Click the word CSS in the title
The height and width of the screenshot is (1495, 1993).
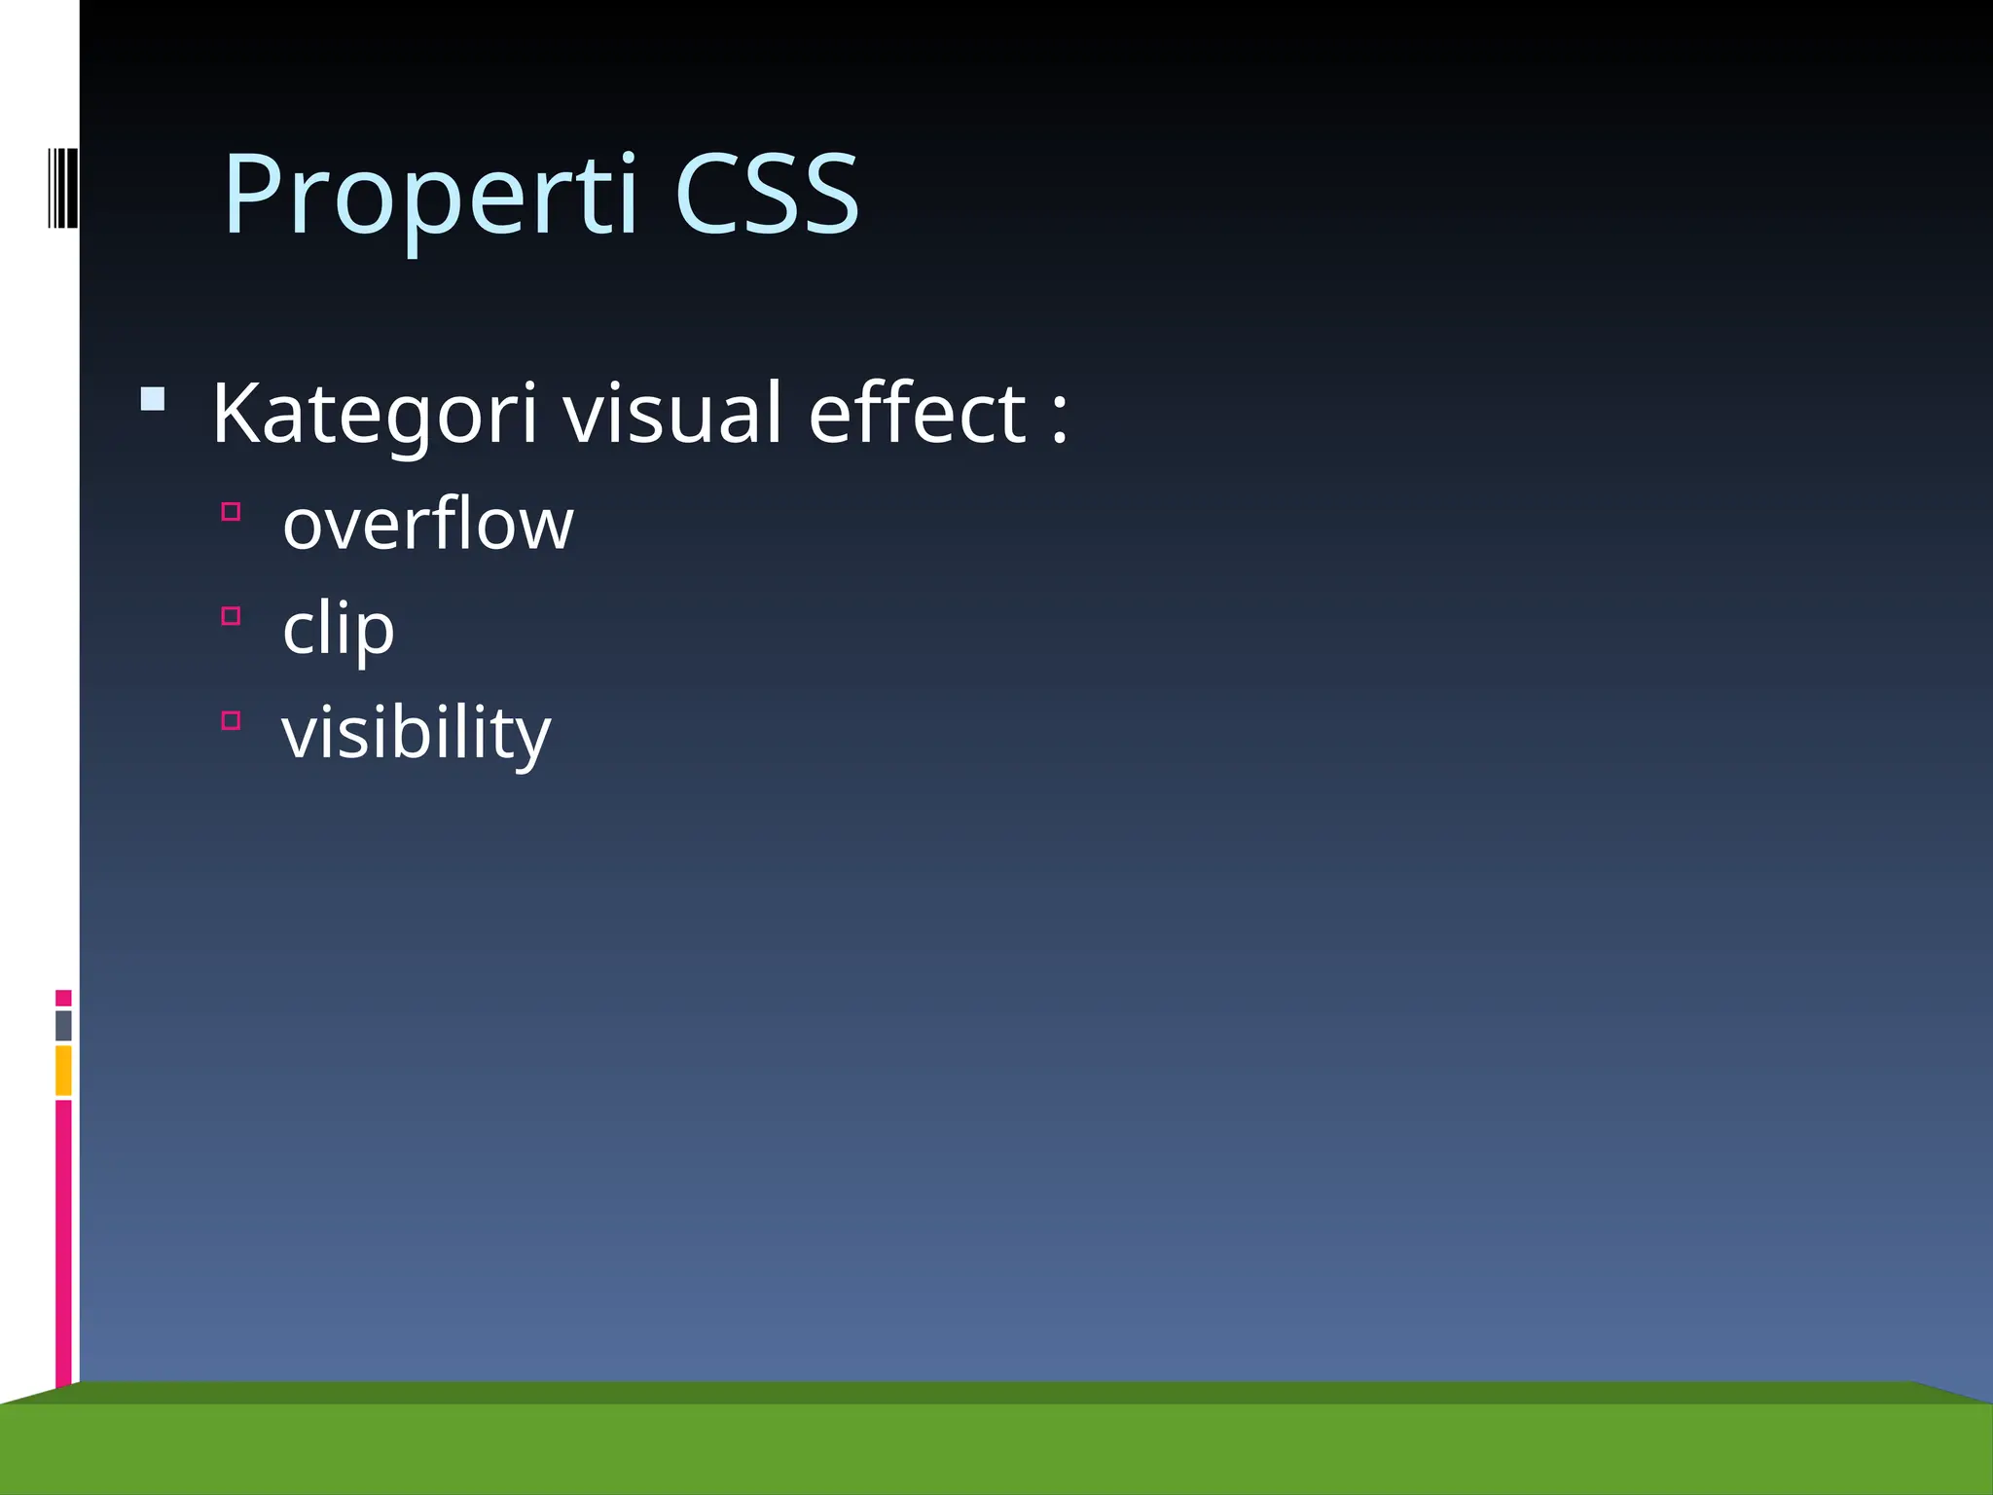pos(766,195)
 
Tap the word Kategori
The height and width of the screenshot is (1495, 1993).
pos(374,414)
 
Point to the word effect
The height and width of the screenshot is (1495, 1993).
pos(917,414)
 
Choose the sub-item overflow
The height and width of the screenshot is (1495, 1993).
pos(428,524)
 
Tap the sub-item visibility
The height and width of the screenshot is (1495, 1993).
pos(416,733)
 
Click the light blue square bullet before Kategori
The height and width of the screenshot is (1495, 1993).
pos(153,399)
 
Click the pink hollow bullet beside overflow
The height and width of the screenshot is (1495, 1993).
pos(231,511)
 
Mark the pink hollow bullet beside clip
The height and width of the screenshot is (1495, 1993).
pos(231,615)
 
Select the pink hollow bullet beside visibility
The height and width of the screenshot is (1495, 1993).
pos(231,720)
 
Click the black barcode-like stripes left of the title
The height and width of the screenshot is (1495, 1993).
pos(62,188)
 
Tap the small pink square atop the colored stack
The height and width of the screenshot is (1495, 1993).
pos(63,998)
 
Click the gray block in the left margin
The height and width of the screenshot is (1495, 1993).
pos(63,1026)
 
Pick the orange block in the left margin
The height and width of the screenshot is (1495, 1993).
pos(63,1070)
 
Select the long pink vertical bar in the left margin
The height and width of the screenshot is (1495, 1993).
pos(63,1241)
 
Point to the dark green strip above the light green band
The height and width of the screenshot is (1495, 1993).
pos(996,1392)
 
